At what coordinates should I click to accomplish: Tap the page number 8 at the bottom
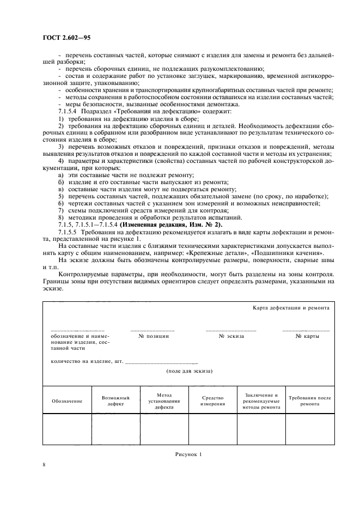[x=44, y=464]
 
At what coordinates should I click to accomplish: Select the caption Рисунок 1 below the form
[x=188, y=453]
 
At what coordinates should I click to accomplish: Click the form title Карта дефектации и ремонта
[x=291, y=308]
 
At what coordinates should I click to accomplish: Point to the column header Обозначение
[x=67, y=400]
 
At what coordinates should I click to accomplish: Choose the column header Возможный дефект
[x=115, y=402]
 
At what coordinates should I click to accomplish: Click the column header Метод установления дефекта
[x=164, y=400]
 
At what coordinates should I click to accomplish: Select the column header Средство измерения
[x=212, y=401]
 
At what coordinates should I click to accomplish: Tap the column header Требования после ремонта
[x=310, y=402]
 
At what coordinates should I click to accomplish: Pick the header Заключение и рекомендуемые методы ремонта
[x=261, y=400]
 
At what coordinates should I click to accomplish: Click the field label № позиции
[x=153, y=336]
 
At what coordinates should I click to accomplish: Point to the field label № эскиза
[x=231, y=336]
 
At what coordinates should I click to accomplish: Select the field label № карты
[x=306, y=336]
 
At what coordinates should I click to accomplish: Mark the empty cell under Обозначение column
[x=67, y=429]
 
